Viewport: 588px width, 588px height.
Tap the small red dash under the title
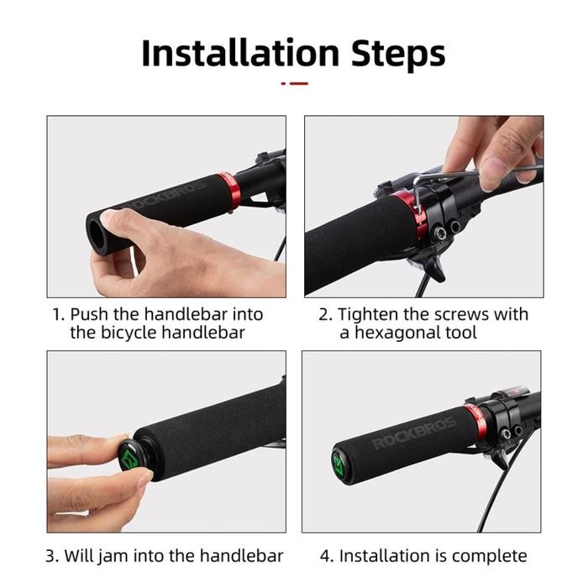point(294,83)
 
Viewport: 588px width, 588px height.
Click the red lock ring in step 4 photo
point(480,420)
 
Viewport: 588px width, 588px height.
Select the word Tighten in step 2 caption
point(368,315)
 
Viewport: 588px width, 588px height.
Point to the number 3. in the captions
point(52,556)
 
